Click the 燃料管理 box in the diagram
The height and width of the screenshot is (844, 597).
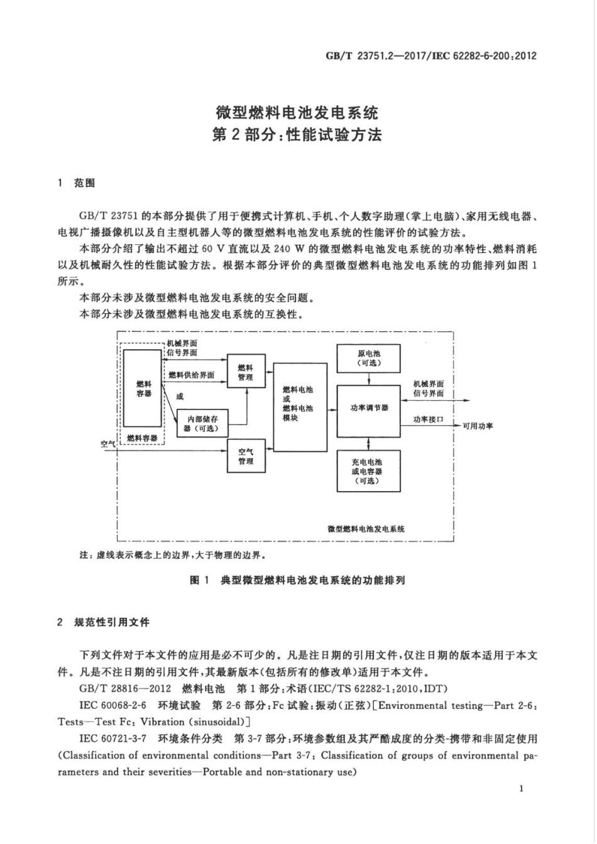[x=246, y=372]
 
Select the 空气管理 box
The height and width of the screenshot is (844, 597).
[x=246, y=457]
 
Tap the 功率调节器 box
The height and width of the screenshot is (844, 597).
[x=369, y=408]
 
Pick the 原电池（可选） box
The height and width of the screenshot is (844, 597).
[x=369, y=358]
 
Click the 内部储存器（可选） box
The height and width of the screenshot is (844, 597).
[x=200, y=424]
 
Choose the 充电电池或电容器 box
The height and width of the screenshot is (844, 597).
[x=369, y=471]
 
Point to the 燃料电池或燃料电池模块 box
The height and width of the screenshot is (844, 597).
[x=300, y=404]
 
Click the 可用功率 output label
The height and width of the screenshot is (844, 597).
[x=478, y=426]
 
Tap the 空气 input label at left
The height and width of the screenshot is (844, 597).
[x=108, y=443]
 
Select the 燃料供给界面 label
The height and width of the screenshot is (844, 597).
[x=191, y=375]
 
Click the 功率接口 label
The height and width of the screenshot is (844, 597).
[x=428, y=419]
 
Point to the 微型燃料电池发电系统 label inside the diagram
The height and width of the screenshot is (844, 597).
[x=366, y=529]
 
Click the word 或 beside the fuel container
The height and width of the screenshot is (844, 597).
[x=180, y=396]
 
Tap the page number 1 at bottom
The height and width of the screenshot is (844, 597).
[x=522, y=789]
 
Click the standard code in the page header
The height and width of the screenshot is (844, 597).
[x=430, y=55]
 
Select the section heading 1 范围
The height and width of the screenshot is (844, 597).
[x=77, y=183]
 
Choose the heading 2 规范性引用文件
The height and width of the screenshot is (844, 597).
[x=104, y=622]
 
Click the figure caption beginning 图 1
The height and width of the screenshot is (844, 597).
[x=297, y=580]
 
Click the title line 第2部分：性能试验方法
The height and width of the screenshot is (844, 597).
[x=297, y=135]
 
